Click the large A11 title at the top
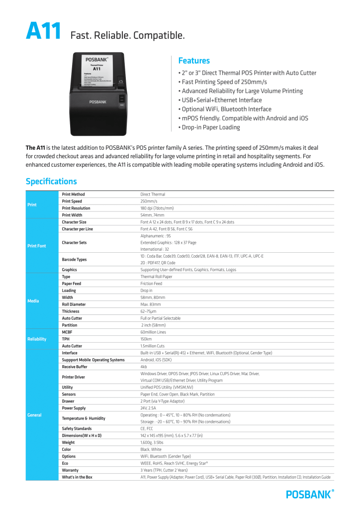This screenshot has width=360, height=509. pos(43,32)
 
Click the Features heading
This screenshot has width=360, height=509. pos(194,61)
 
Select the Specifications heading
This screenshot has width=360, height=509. pos(51,182)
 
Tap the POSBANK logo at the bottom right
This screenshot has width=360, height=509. pos(310,494)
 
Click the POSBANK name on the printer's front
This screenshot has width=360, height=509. pos(97,102)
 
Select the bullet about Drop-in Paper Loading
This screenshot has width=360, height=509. pos(209,127)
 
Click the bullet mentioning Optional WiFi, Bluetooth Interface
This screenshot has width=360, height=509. pos(225,109)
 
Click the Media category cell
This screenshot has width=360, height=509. pos(32,301)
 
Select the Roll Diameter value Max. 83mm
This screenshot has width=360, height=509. pos(151,304)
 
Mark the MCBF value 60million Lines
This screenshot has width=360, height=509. pos(153,332)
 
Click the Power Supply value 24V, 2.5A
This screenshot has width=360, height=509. pos(148,408)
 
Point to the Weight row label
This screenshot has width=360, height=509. pos(68,442)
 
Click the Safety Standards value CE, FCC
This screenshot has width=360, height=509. pos(147,428)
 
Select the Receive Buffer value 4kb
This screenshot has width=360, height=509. pos(144,367)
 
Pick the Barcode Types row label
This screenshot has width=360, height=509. pos(74,259)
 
